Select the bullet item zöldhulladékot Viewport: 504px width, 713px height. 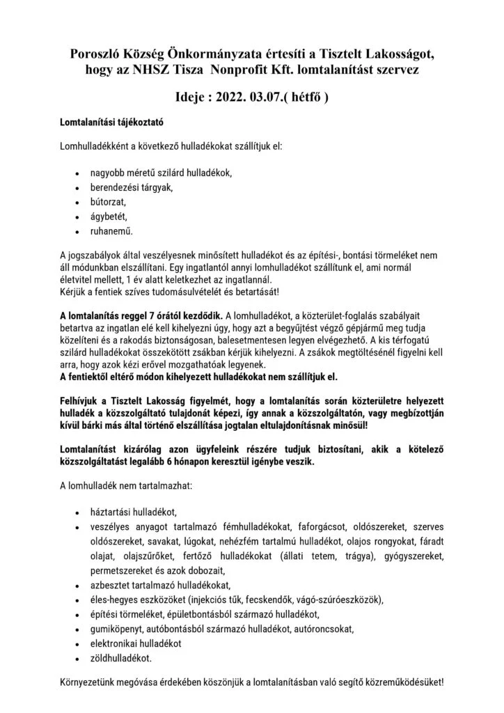[x=120, y=657]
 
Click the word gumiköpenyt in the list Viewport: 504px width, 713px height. [x=117, y=628]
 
